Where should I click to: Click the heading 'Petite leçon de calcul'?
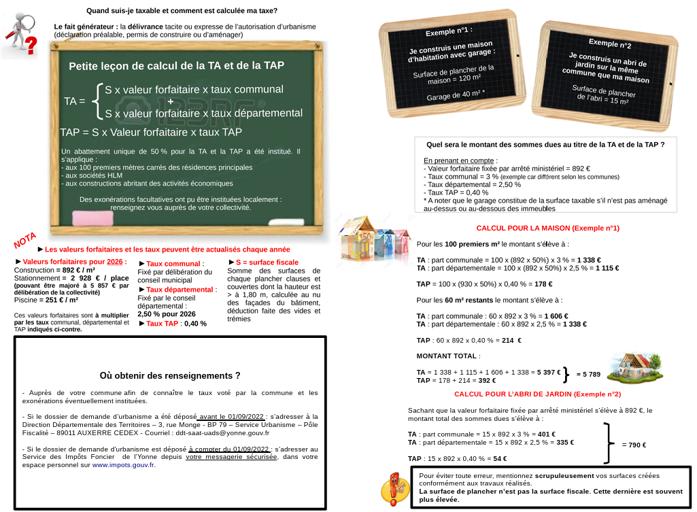pos(176,66)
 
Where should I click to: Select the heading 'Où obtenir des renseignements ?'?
pos(170,375)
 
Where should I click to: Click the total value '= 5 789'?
pos(588,375)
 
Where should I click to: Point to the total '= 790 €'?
pos(634,445)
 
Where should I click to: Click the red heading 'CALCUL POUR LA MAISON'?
pos(547,228)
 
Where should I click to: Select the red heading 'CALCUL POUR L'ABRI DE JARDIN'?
pos(537,394)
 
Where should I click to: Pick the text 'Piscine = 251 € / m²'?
pos(46,300)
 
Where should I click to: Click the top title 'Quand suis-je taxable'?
pos(182,10)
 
